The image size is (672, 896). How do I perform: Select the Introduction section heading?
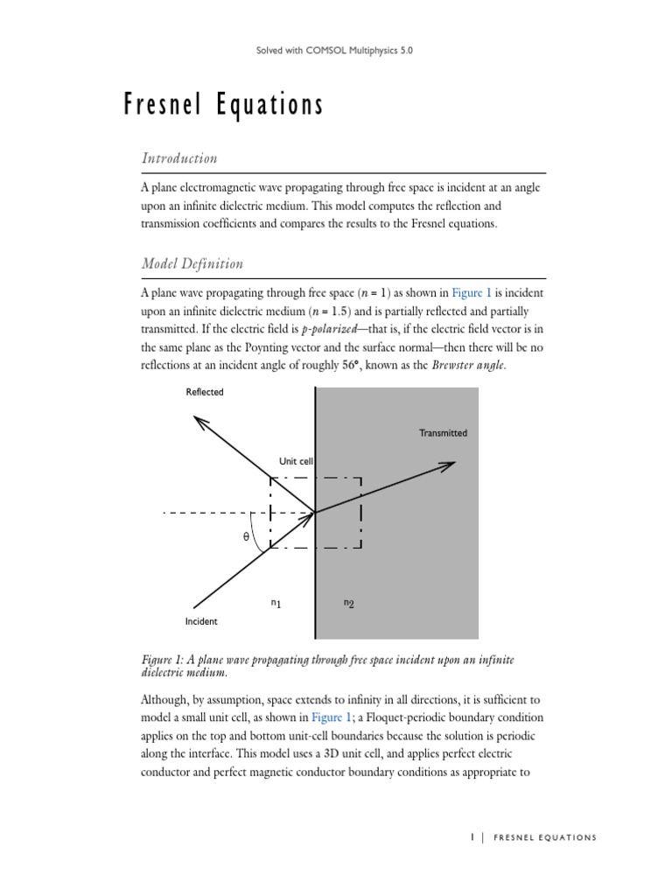(x=178, y=158)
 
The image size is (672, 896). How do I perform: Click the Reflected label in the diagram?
(x=204, y=392)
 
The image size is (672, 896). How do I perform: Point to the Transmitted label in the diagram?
(x=443, y=433)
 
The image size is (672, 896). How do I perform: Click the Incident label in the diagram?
(x=201, y=621)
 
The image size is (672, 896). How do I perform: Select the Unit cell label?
(x=297, y=460)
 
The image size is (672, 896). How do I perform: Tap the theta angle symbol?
(x=246, y=537)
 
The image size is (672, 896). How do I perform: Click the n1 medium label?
(x=276, y=603)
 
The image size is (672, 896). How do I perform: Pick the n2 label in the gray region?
(x=348, y=603)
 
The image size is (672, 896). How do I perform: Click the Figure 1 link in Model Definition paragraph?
(x=473, y=292)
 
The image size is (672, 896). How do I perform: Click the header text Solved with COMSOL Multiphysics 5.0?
(x=335, y=52)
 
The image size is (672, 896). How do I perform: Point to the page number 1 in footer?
(x=472, y=837)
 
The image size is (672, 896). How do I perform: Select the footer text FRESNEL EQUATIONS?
(x=545, y=837)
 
